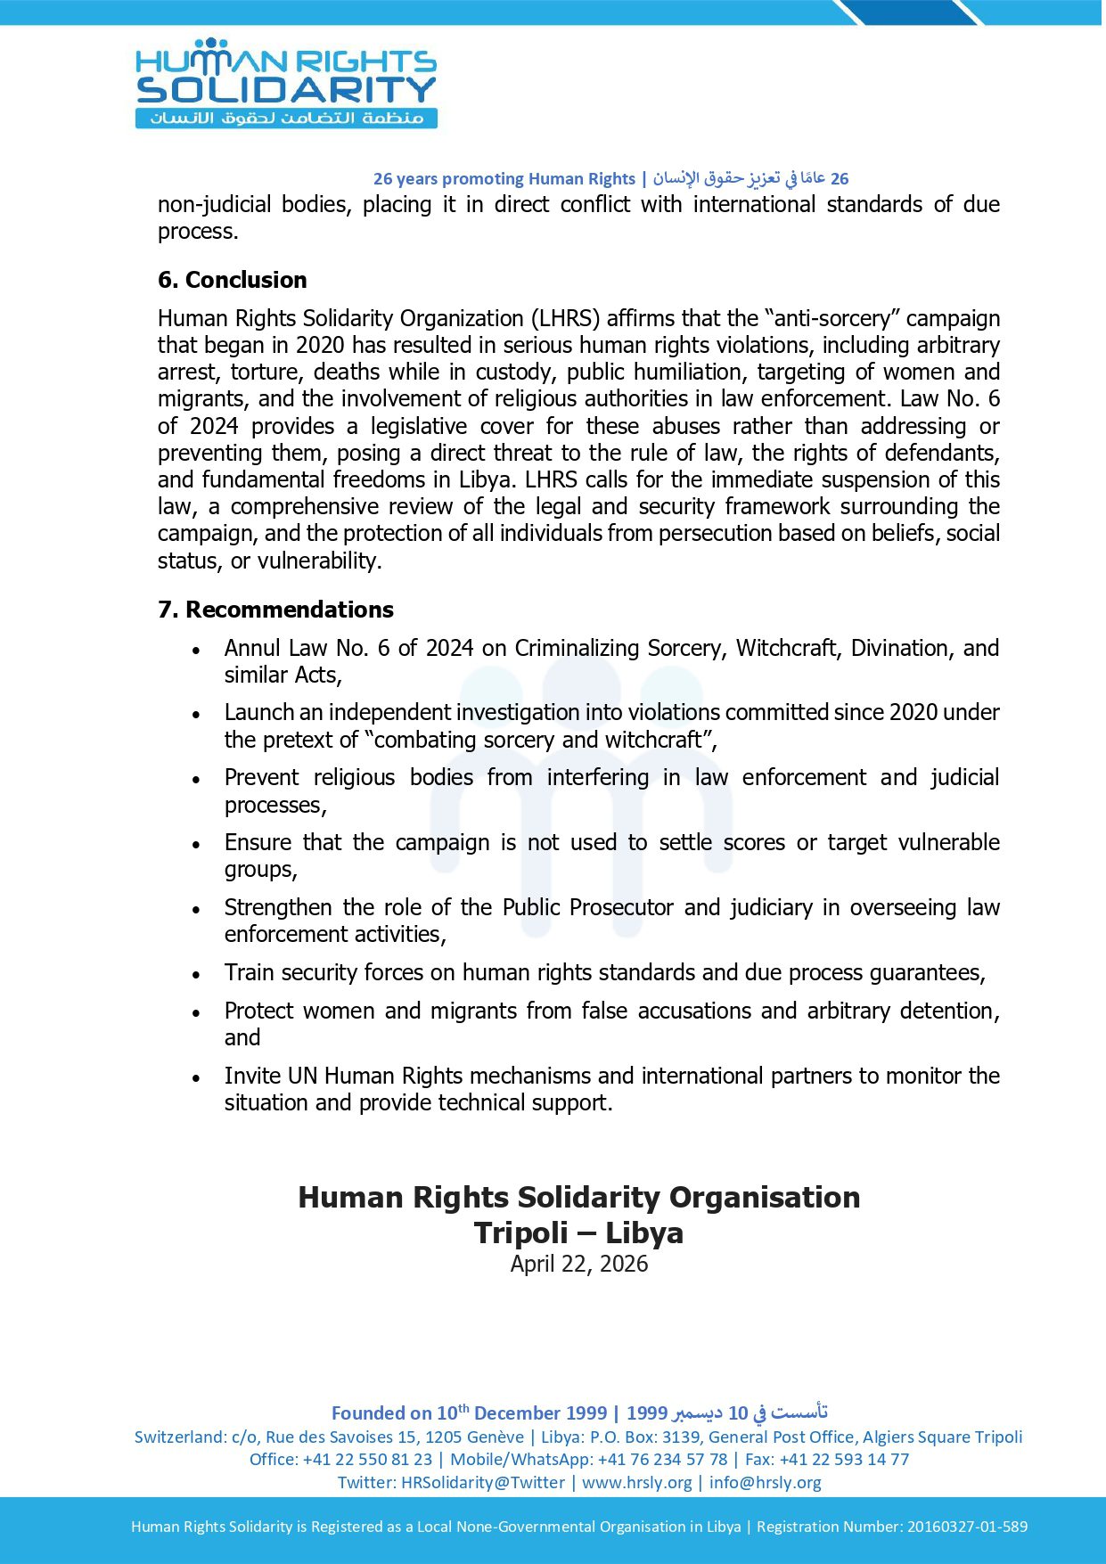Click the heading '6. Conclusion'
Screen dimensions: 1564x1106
(x=232, y=280)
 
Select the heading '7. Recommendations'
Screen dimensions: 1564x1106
(x=275, y=610)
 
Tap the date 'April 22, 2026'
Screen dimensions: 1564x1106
(x=578, y=1264)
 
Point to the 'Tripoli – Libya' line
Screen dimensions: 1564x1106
(x=578, y=1232)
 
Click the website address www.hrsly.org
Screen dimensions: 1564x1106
(x=636, y=1482)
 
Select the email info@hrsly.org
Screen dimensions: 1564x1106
(x=765, y=1482)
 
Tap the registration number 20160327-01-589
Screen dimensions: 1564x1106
(x=967, y=1527)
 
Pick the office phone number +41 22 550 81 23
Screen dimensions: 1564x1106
(x=367, y=1459)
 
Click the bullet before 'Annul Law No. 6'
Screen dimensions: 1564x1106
(x=196, y=651)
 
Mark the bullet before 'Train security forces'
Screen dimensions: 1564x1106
(x=196, y=975)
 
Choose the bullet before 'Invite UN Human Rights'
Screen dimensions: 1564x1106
(x=196, y=1078)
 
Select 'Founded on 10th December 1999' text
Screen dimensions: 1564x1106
(x=469, y=1413)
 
